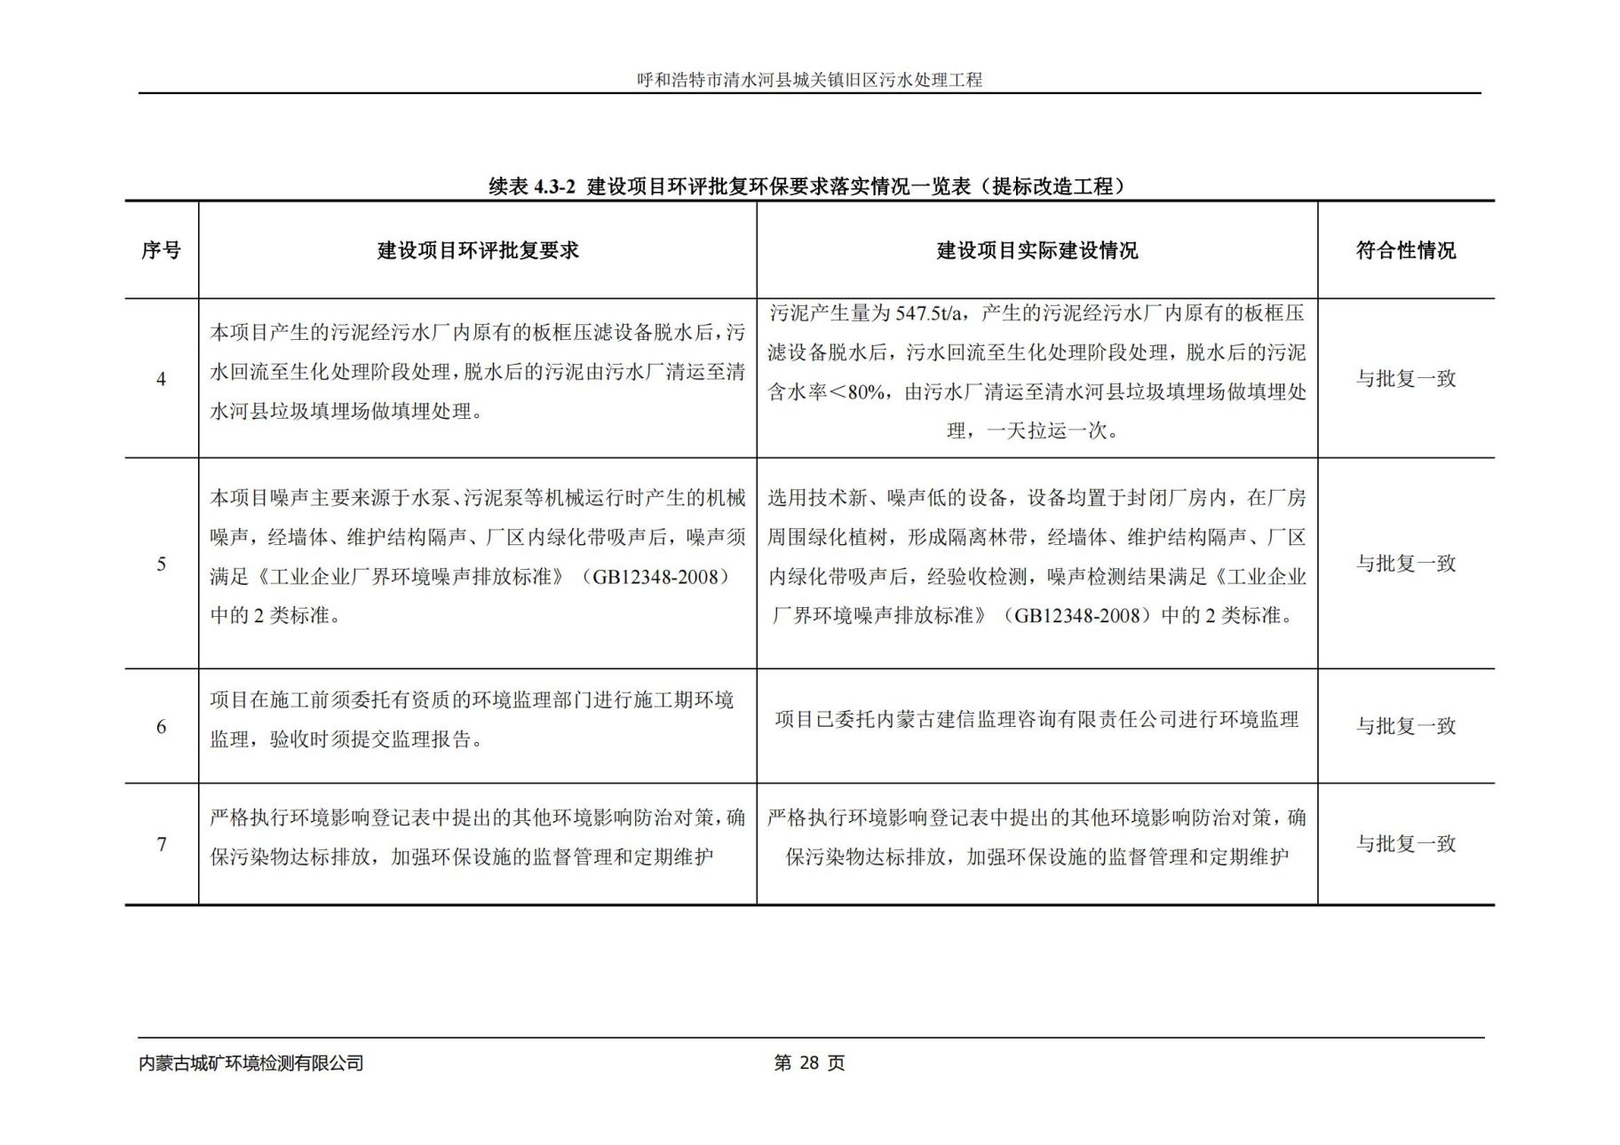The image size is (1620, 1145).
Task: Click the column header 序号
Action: click(161, 251)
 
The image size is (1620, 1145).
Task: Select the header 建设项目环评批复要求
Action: click(478, 251)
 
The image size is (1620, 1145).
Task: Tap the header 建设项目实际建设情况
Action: click(1036, 251)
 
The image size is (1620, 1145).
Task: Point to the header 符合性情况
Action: click(1405, 251)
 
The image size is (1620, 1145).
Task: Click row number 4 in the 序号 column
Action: click(161, 380)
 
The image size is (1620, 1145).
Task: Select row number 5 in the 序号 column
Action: click(161, 565)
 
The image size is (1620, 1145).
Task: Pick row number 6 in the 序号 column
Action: click(161, 727)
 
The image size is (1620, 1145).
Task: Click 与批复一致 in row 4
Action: click(1405, 379)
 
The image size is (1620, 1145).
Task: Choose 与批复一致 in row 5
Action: click(1405, 564)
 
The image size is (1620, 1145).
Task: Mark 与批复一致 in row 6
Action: click(1405, 726)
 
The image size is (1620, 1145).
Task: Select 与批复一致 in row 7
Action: click(1405, 844)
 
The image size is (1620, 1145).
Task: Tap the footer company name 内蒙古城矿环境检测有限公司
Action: click(251, 1063)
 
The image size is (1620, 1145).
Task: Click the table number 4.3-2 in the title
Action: click(554, 187)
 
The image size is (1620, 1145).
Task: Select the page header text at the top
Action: click(809, 80)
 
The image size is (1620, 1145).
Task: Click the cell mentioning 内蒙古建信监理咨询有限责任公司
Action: click(1036, 720)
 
